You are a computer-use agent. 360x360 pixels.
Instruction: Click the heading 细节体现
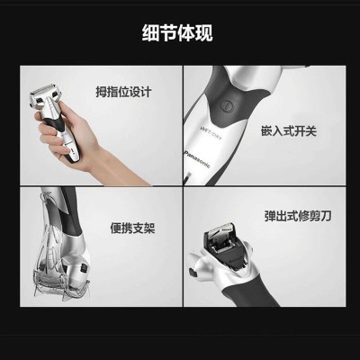point(177,33)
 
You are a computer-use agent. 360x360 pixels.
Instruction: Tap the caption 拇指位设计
point(123,92)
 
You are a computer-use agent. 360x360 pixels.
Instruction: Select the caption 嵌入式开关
point(289,131)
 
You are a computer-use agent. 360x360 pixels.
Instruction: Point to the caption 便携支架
point(132,229)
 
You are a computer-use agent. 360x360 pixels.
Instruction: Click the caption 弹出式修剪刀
point(298,216)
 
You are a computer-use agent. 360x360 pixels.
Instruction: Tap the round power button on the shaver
point(227,105)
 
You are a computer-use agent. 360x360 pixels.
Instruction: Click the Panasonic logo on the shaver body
point(196,158)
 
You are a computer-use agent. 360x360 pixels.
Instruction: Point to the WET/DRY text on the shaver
point(211,133)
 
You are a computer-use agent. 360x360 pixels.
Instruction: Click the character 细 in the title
point(150,33)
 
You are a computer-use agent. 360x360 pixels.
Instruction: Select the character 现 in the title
point(204,33)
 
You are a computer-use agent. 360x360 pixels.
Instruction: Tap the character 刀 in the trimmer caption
point(326,216)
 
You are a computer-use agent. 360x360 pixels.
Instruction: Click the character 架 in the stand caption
point(149,229)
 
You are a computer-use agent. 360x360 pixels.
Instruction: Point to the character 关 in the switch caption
point(311,131)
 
